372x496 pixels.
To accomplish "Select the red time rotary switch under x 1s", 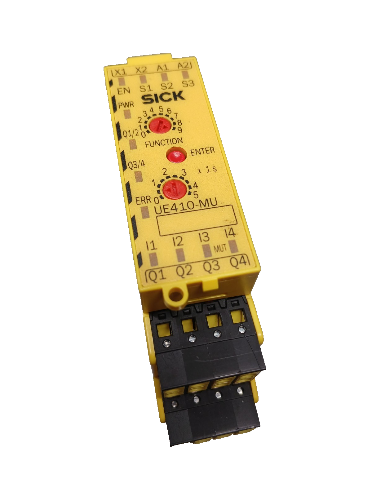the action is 174,189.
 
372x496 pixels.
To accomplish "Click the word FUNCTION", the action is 164,142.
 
